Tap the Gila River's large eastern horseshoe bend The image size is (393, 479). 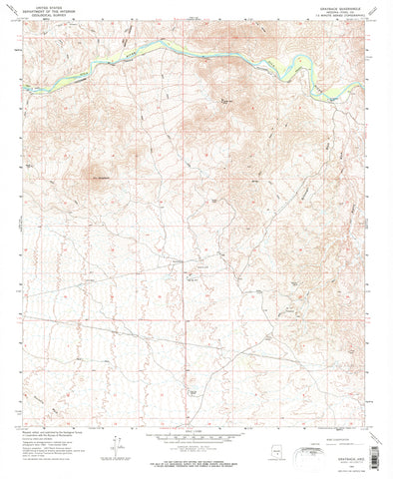pos(299,68)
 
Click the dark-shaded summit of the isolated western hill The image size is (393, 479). pos(99,175)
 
